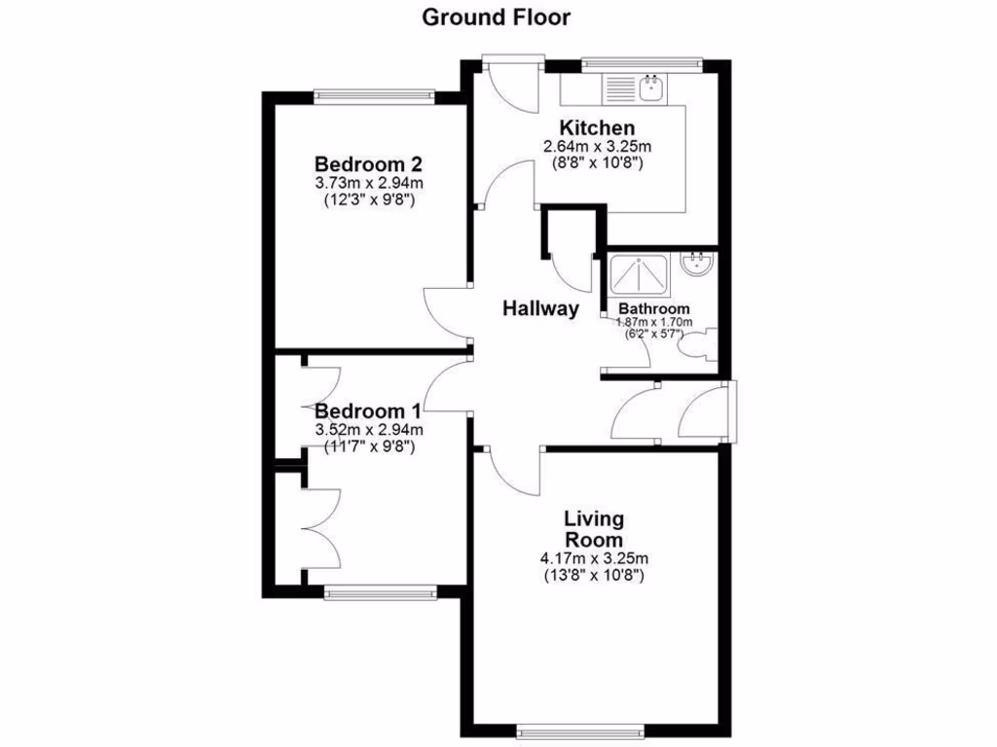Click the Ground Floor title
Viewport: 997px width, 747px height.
(496, 17)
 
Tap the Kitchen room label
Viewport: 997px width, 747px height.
(596, 127)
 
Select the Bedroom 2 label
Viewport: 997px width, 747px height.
(374, 163)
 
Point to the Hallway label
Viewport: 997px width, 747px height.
(540, 309)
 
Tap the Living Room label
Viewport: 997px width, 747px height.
(594, 529)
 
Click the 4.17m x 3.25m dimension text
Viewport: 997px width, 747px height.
(594, 558)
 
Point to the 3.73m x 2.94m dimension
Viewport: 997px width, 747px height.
(374, 183)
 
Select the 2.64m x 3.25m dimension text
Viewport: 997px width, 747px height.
(596, 147)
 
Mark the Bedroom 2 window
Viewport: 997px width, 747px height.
(374, 94)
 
